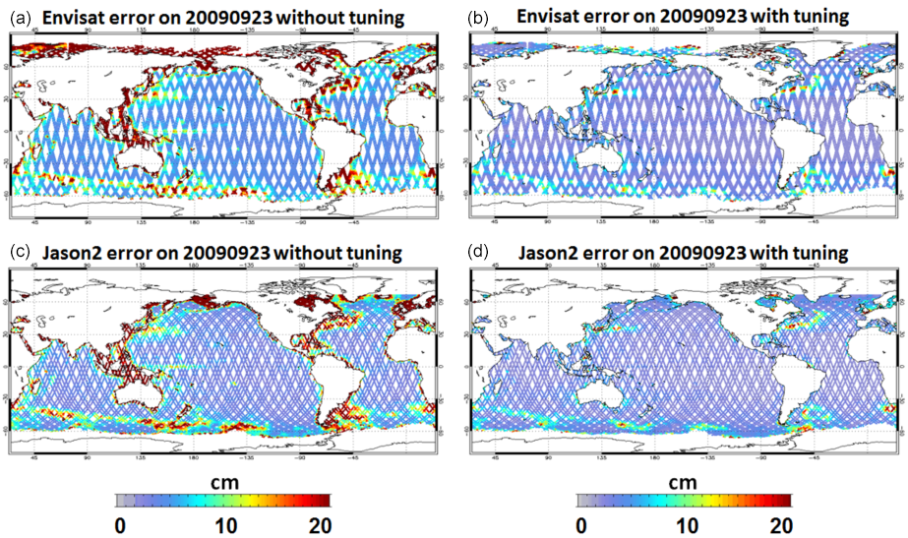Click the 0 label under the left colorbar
tap(119, 524)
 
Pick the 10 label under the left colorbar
tap(224, 524)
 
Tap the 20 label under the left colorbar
tap(320, 524)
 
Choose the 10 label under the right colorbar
tap(685, 524)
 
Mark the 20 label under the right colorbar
tap(780, 524)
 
